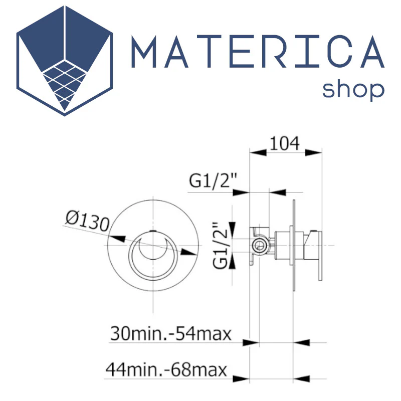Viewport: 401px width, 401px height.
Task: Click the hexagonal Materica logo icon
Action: point(65,61)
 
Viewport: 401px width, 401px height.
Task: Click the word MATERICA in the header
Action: point(258,52)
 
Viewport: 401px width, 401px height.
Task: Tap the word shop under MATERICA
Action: point(353,90)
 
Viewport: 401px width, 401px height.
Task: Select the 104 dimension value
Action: point(285,143)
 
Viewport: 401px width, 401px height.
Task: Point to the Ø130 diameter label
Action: point(87,221)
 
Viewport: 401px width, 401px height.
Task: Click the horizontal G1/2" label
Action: point(214,180)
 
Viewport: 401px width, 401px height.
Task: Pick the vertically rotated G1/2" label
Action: point(220,245)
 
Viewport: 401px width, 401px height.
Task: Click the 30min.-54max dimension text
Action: point(170,334)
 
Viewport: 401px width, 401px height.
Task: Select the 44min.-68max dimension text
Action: point(166,369)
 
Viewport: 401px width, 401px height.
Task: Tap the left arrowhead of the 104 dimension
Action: point(258,153)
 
